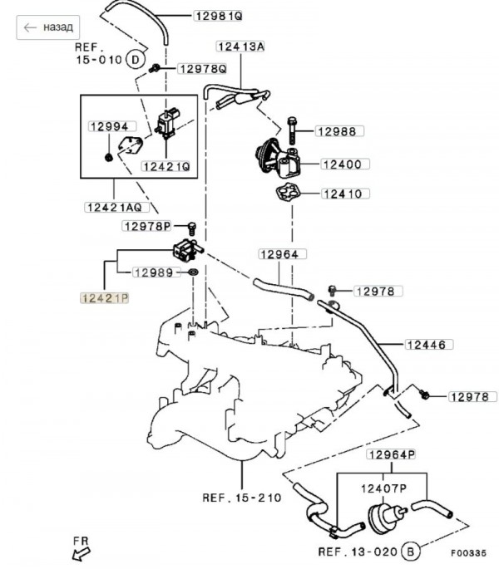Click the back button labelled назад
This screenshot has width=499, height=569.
point(49,27)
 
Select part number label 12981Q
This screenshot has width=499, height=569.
point(218,16)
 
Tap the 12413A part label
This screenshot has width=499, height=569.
point(240,47)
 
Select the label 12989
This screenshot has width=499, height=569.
point(153,272)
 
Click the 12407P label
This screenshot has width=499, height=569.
point(382,488)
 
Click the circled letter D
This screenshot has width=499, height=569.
point(136,59)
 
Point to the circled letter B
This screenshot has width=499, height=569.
point(408,551)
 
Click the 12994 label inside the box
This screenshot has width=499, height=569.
point(108,126)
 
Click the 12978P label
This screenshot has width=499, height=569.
point(146,225)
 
